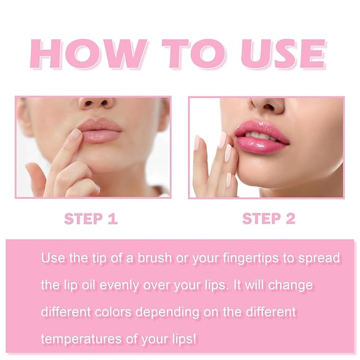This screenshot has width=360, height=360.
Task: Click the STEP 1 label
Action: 91,218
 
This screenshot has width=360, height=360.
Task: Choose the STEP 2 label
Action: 269,218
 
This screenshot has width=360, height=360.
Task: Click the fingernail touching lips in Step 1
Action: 76,135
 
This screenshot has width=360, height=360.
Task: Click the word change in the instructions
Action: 291,285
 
